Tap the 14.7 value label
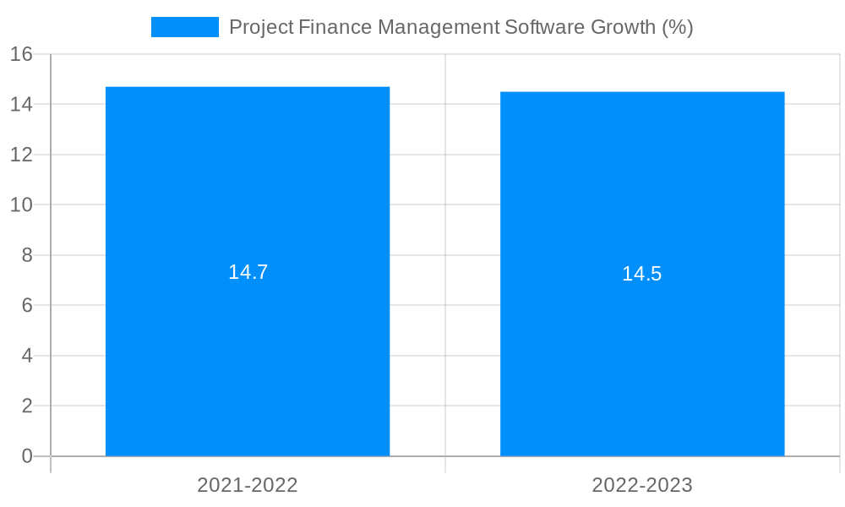248,272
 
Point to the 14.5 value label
642,274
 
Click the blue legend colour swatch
184,27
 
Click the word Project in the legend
260,27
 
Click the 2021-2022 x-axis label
248,485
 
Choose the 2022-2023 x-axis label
642,485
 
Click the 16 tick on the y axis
21,54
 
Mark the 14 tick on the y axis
21,105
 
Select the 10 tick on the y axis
21,205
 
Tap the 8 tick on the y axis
27,255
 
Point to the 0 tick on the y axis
27,456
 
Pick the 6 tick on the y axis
27,305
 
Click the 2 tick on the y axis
27,406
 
